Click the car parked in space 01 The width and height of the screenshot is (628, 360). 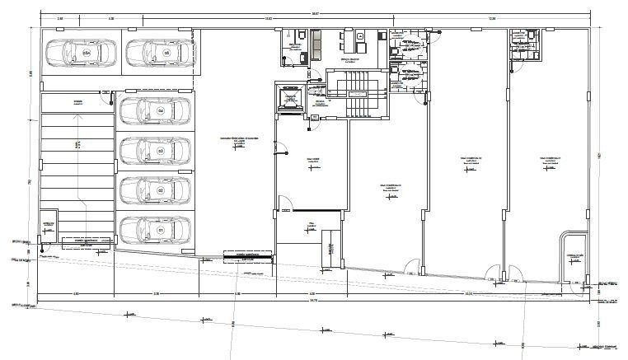coord(155,230)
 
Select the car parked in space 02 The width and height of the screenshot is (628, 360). coord(155,190)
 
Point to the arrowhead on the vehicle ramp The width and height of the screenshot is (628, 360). coord(77,118)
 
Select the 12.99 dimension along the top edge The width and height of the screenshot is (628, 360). coord(491,18)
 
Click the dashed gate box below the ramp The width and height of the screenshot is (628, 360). coord(87,241)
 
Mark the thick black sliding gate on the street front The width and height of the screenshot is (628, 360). coord(247,256)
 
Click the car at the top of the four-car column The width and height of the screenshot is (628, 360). coord(155,110)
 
